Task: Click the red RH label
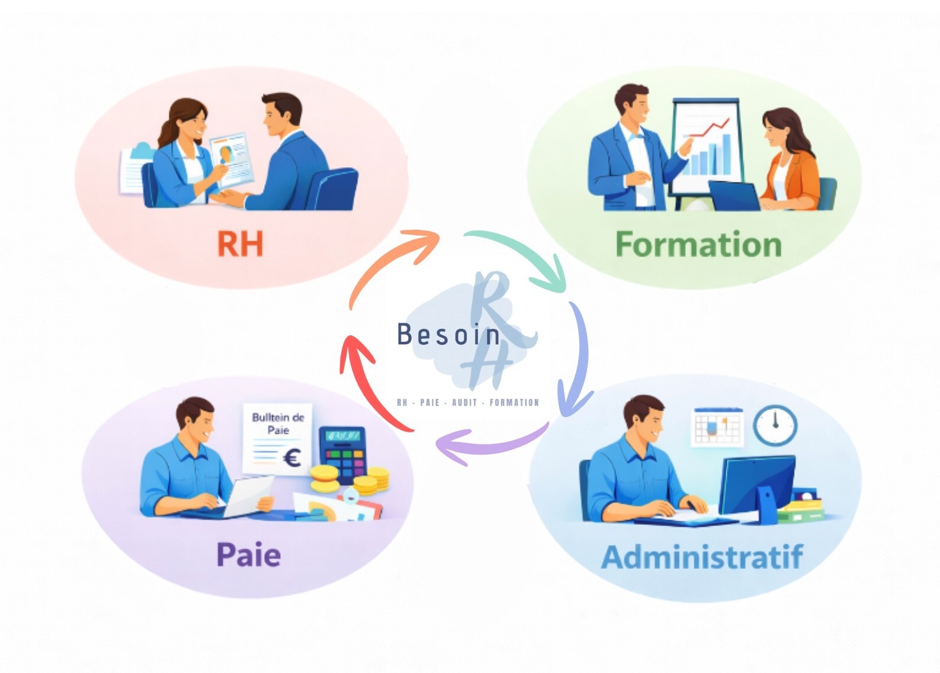240,243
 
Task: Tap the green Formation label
698,245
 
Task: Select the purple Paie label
248,555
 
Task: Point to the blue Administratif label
702,557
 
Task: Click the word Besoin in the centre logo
448,335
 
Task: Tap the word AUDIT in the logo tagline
464,403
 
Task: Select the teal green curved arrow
521,255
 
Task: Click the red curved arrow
367,379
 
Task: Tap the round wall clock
775,425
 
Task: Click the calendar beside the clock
717,427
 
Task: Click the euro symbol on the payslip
292,458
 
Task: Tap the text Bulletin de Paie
278,423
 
